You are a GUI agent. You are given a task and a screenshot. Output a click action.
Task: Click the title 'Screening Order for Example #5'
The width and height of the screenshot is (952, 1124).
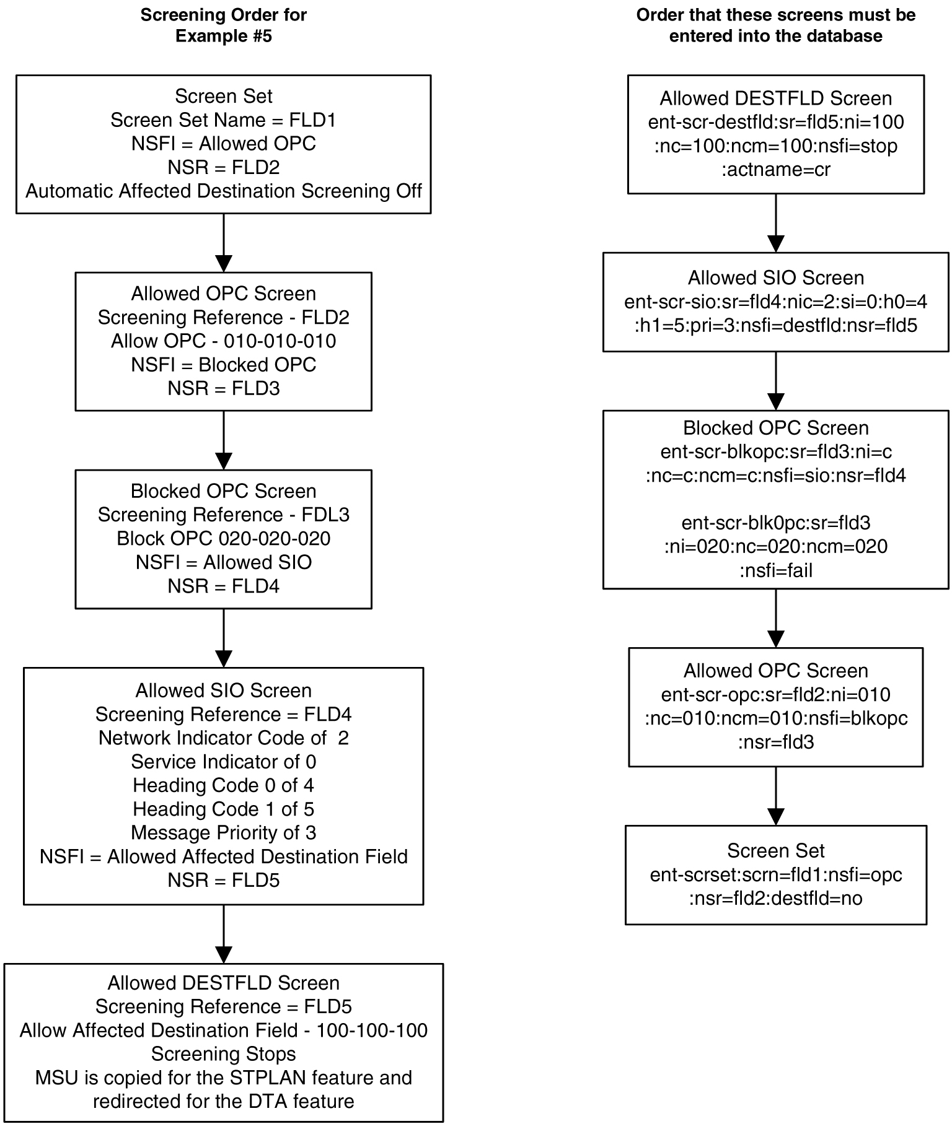[x=223, y=25]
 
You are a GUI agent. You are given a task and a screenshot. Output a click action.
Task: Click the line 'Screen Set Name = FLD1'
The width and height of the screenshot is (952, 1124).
[x=223, y=120]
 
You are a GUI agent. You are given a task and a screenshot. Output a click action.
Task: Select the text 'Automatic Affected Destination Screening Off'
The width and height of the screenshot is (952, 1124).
[x=223, y=191]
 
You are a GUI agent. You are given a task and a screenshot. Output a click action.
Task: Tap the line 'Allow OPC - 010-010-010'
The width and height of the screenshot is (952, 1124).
[x=223, y=341]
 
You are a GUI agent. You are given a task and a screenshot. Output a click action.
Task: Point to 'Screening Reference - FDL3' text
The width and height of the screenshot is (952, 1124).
[x=223, y=515]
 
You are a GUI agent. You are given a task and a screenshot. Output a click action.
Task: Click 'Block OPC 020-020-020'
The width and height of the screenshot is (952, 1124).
[x=223, y=539]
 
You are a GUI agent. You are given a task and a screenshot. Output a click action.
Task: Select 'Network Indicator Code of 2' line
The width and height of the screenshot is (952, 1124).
[x=223, y=738]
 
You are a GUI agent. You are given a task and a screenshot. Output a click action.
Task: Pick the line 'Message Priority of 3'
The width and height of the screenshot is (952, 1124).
[x=223, y=833]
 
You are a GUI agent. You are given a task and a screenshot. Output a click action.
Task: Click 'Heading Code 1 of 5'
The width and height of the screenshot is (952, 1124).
[x=223, y=809]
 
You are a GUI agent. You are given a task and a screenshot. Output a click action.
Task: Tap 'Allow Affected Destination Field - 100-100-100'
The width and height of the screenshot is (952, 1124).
[x=223, y=1030]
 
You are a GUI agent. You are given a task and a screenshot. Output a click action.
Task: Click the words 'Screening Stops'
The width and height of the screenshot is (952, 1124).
[x=223, y=1054]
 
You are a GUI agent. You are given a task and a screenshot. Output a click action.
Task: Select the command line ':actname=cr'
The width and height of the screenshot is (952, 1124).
[x=775, y=170]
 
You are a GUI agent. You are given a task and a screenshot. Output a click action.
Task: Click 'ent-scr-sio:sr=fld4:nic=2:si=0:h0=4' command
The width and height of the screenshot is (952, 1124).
[x=775, y=302]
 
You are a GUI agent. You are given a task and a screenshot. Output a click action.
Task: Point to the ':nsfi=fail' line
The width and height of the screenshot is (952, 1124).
[x=775, y=570]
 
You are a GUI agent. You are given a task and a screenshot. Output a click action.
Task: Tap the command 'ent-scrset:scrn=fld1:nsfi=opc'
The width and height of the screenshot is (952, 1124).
[x=775, y=875]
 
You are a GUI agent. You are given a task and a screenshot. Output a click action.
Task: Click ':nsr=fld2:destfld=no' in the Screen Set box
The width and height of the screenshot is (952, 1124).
[x=775, y=899]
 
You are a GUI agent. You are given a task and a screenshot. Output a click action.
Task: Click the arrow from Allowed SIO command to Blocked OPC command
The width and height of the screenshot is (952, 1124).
[x=775, y=381]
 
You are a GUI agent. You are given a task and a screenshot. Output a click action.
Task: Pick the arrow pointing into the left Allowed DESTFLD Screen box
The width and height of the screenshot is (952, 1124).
[x=223, y=934]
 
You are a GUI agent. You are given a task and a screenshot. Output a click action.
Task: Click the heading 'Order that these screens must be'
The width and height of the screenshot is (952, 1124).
[x=775, y=15]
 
